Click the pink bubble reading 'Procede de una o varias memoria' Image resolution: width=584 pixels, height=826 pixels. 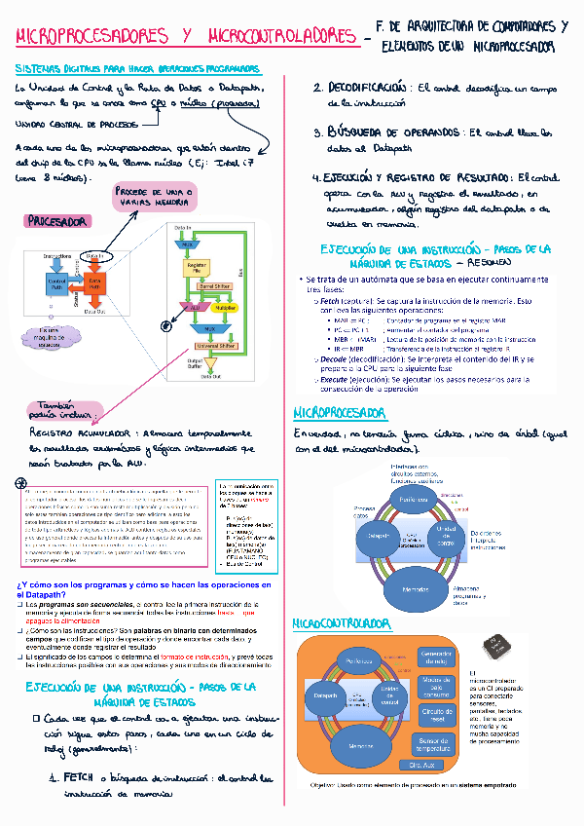click(x=152, y=199)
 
